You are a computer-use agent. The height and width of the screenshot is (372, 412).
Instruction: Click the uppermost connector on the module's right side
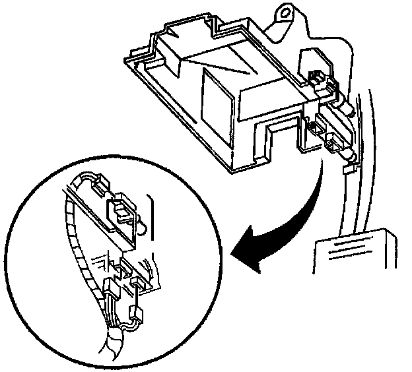click(320, 80)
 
